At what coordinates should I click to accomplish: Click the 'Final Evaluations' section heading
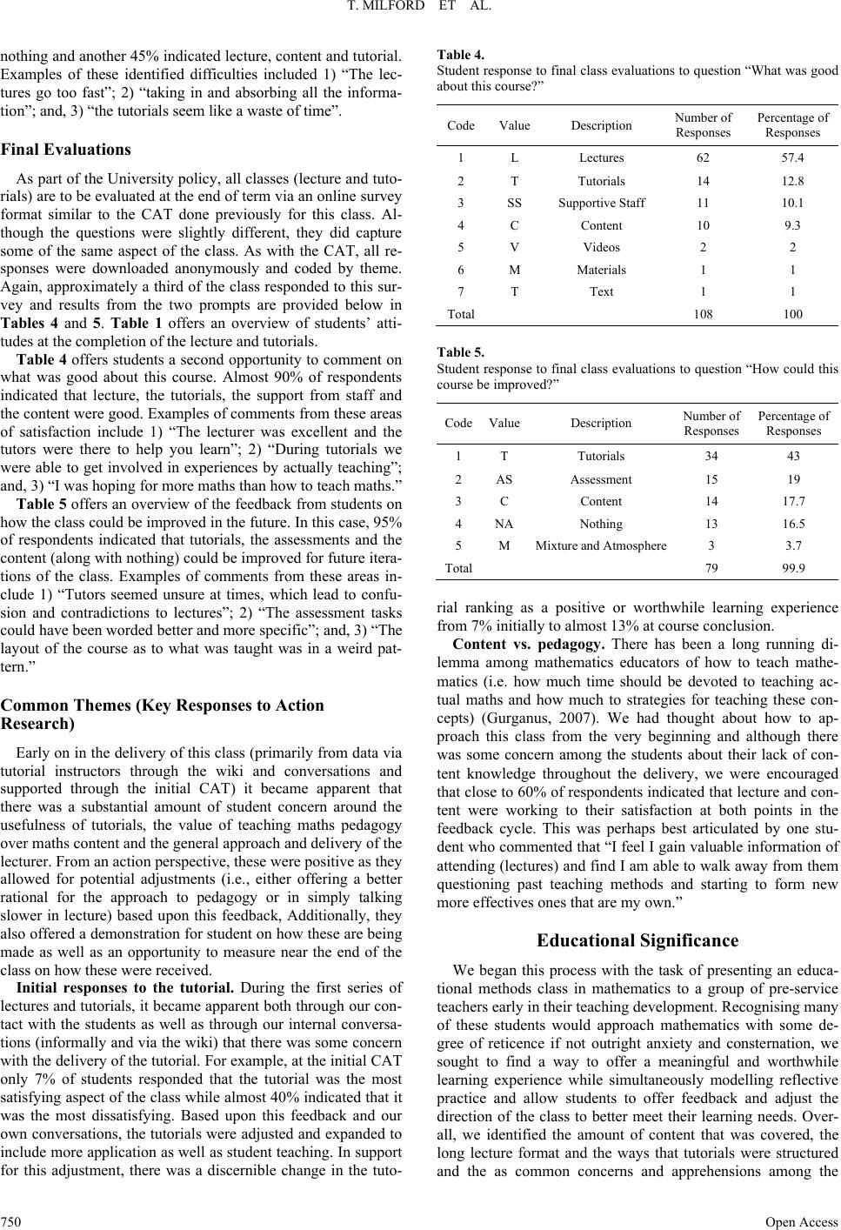66,150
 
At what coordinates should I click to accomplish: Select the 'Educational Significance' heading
637,940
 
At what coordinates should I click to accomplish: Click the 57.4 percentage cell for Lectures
792,158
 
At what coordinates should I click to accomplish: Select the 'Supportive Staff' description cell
601,204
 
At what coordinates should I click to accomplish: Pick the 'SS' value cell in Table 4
514,204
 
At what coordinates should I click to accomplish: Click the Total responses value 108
703,315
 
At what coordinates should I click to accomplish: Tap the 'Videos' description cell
601,248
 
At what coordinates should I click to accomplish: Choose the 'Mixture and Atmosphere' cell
601,546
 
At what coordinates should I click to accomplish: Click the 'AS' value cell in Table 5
504,480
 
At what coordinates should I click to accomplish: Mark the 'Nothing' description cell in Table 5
601,525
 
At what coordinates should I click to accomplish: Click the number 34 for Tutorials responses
711,457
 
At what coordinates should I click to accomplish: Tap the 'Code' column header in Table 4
461,126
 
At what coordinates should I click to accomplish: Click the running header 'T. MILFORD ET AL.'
420,10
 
